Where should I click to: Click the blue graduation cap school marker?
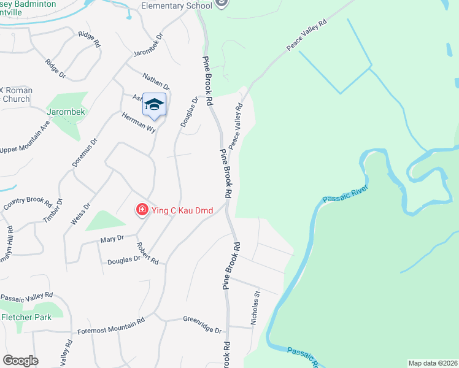[x=154, y=104]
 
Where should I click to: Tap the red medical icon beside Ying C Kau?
[x=142, y=210]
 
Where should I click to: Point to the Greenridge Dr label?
[x=202, y=324]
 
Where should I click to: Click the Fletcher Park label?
[x=26, y=317]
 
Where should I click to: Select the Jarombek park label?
[x=66, y=112]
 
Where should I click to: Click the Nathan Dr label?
[x=156, y=82]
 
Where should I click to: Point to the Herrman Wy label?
[x=139, y=123]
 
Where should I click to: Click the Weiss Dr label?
[x=80, y=212]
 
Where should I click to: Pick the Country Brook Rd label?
[x=27, y=202]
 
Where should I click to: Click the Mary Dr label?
[x=112, y=238]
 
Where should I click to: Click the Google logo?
[x=20, y=361]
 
